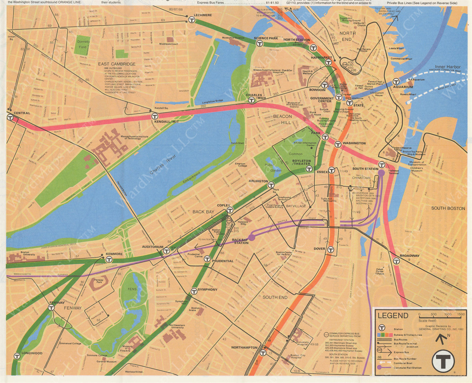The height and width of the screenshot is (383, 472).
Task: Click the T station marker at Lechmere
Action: coord(192,20)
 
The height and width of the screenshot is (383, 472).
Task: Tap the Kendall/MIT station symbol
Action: coord(155,116)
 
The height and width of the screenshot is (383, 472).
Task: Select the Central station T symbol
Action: coord(10,118)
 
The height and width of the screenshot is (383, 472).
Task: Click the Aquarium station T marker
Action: coord(396,82)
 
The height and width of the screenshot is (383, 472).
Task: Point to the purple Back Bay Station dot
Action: coord(252,237)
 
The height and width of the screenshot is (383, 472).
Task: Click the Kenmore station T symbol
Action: coord(109,260)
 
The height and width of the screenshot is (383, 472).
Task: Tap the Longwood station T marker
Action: coord(17,356)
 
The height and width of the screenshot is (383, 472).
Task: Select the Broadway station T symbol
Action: coord(396,261)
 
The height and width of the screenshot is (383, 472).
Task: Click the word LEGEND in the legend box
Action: coord(393,316)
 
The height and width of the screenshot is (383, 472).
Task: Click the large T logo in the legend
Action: coord(443,361)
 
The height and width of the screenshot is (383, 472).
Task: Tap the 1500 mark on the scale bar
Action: coord(461,314)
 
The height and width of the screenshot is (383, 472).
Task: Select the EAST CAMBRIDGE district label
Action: coord(117,64)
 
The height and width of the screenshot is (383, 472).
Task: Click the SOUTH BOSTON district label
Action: coord(448,208)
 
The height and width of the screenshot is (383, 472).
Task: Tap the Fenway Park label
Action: coord(99,281)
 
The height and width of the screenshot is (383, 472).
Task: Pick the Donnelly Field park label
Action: coord(83,44)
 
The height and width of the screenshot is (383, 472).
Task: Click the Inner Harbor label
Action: coord(447,67)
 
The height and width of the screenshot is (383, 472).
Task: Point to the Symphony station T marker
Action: coord(194,291)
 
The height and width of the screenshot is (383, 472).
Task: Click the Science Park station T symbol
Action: coord(260,44)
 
